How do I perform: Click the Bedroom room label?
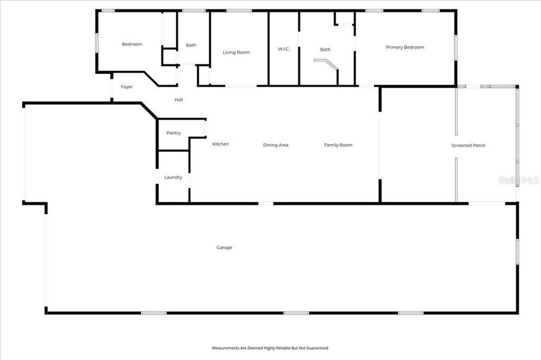[x=132, y=44]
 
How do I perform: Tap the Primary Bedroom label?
[x=405, y=47]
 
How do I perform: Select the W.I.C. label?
[x=284, y=49]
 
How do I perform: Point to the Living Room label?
[x=236, y=53]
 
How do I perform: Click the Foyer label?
[x=127, y=87]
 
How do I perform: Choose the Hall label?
[x=179, y=100]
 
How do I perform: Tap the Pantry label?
[x=174, y=133]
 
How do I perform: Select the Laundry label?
[x=173, y=178]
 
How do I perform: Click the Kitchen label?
[x=220, y=144]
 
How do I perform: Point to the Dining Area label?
[x=276, y=145]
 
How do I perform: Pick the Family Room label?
[x=338, y=145]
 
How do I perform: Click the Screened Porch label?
[x=468, y=146]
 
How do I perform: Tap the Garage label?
[x=224, y=248]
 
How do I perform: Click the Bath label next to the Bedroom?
[x=191, y=45]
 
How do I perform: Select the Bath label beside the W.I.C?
[x=325, y=50]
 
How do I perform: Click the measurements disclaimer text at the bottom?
[x=270, y=348]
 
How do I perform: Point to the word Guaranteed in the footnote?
[x=317, y=348]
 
